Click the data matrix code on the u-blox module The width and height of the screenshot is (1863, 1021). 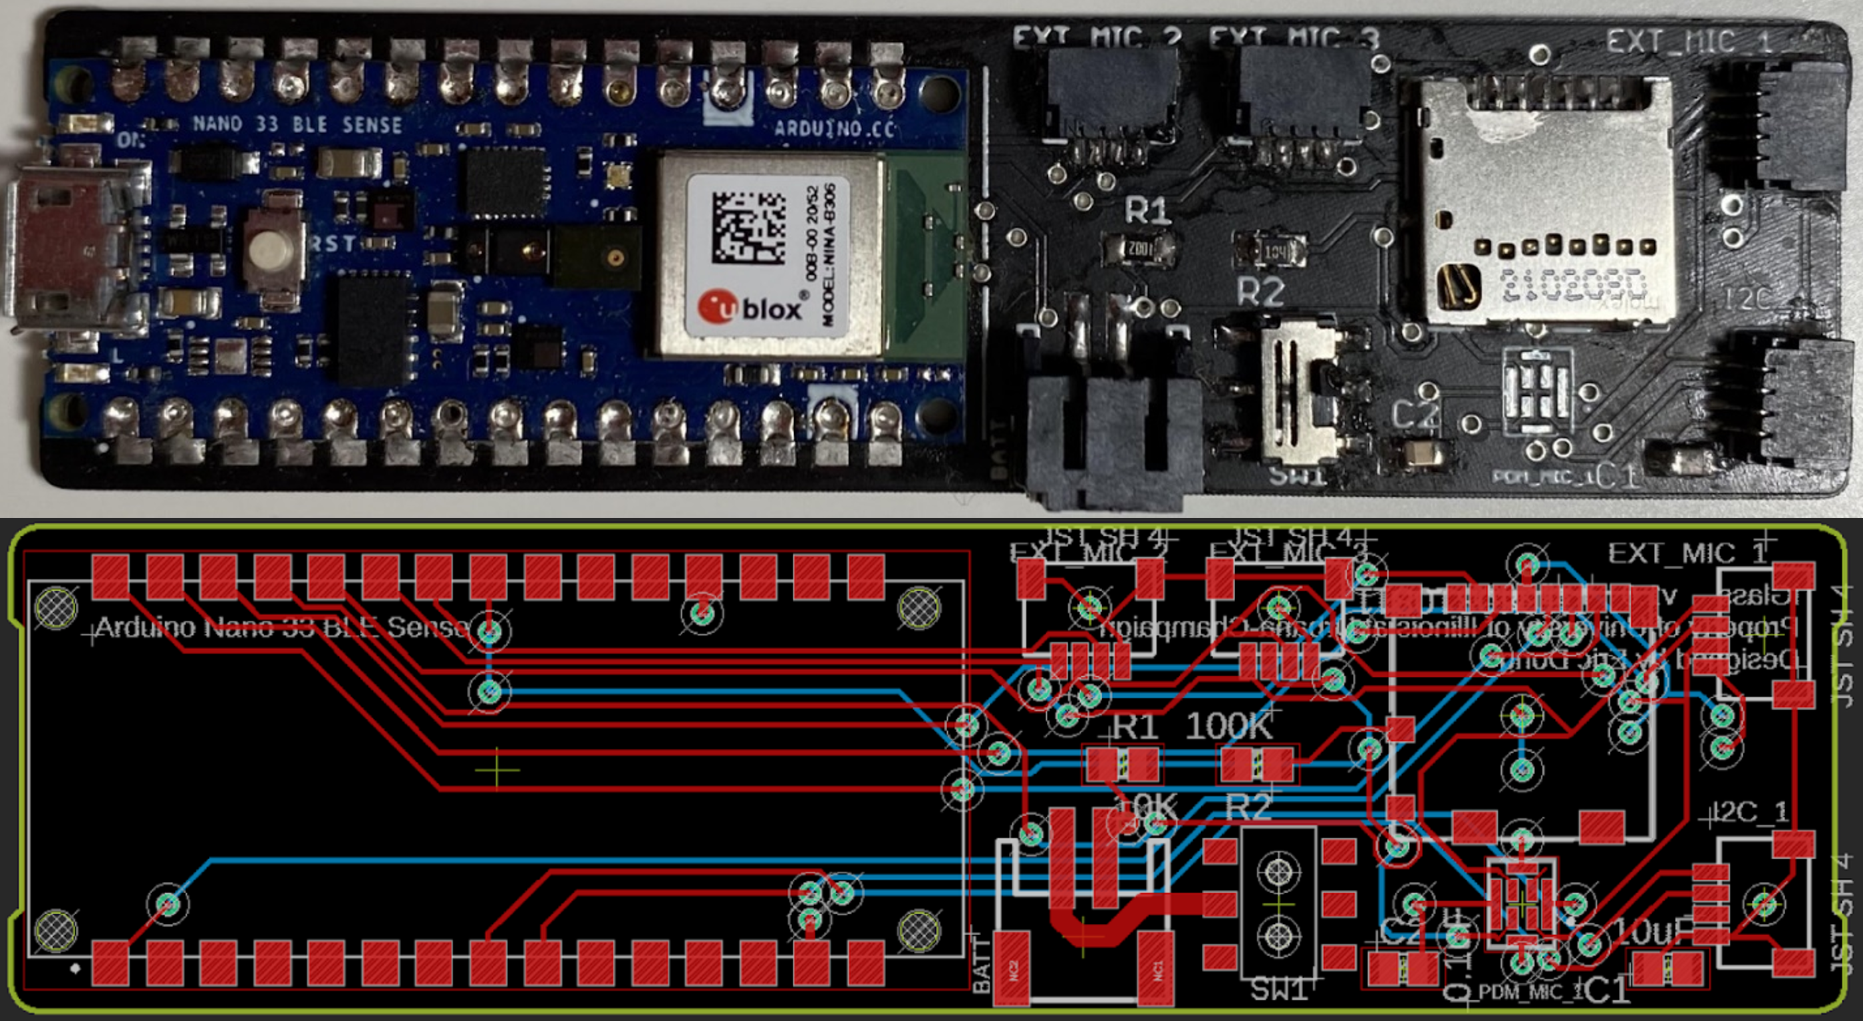pyautogui.click(x=748, y=227)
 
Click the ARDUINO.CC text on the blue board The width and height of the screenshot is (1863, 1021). pyautogui.click(x=834, y=130)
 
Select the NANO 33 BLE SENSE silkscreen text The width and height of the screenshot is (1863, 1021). pyautogui.click(x=297, y=124)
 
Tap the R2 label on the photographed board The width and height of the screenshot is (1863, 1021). pyautogui.click(x=1260, y=292)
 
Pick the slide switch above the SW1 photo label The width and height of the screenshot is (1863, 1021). pyautogui.click(x=1298, y=395)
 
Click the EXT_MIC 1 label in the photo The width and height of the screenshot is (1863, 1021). pyautogui.click(x=1688, y=41)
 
